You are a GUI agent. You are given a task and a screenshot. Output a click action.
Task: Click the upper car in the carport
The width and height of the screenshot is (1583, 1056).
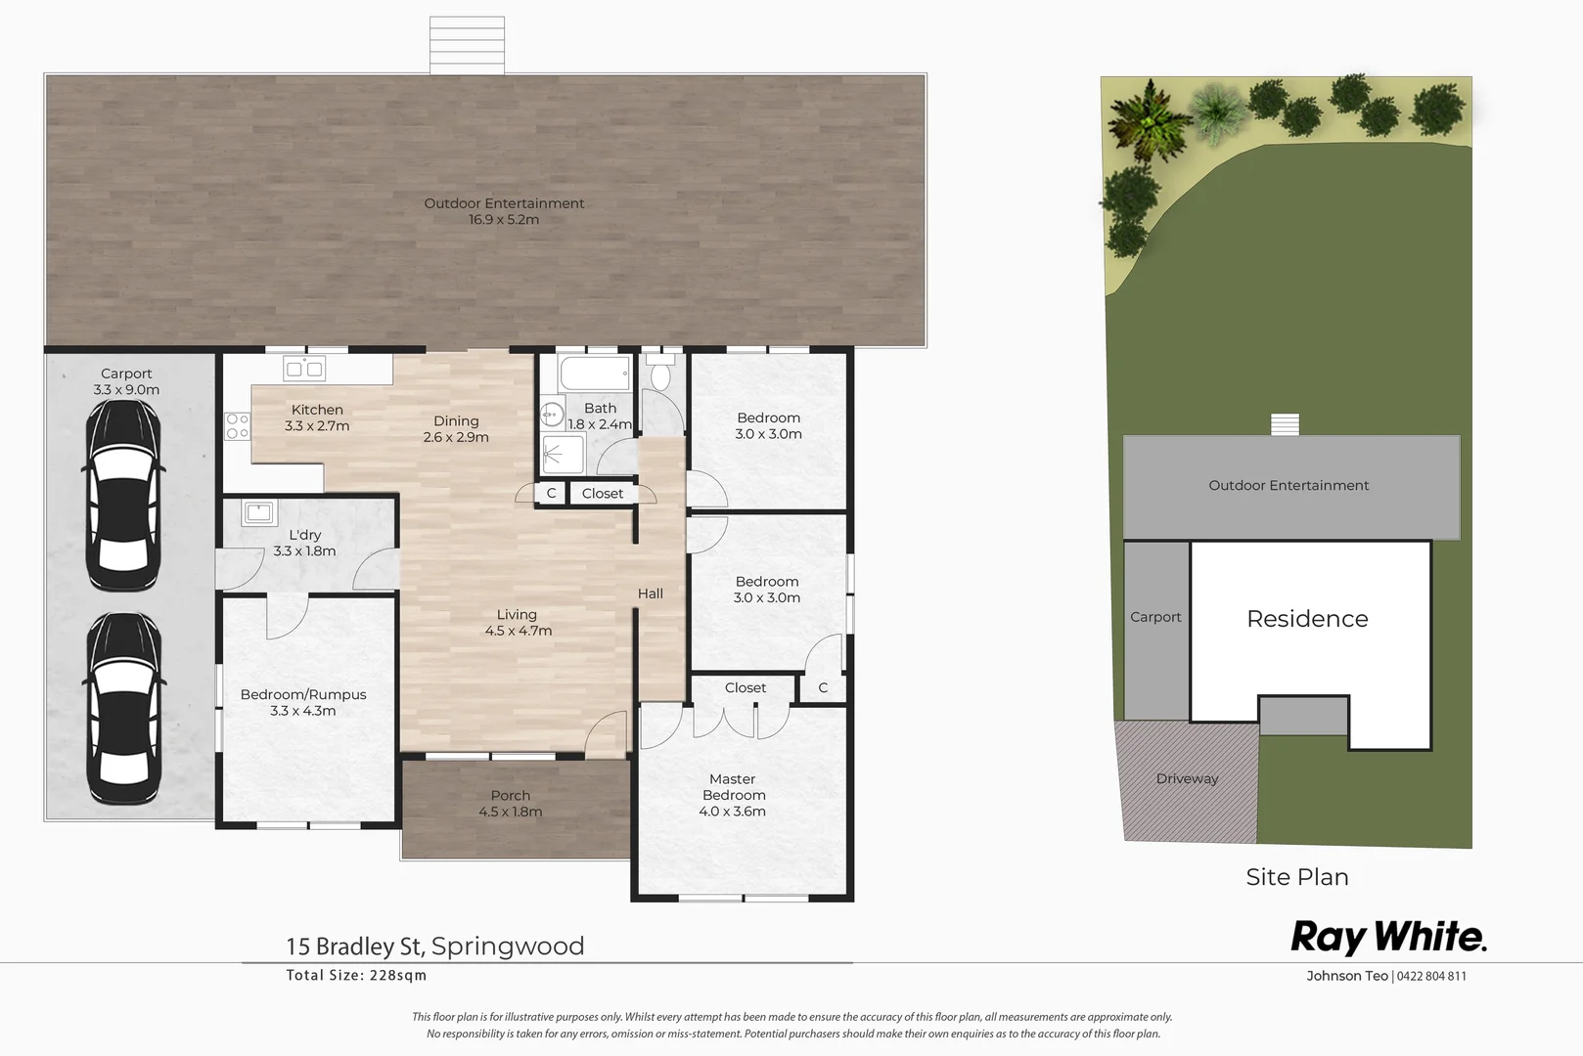(x=122, y=495)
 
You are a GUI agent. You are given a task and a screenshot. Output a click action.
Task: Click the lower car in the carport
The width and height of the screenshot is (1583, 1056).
(x=123, y=709)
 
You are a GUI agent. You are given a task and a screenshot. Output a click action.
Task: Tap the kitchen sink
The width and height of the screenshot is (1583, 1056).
(x=304, y=369)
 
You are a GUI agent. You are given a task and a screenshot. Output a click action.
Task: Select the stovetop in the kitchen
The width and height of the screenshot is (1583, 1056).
(x=237, y=425)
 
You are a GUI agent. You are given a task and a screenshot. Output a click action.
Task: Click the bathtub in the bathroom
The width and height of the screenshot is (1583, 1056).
(x=595, y=374)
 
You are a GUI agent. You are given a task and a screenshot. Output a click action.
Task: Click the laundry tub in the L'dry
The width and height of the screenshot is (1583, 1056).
(x=259, y=511)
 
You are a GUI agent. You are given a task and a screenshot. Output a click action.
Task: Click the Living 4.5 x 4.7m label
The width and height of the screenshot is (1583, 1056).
(x=518, y=623)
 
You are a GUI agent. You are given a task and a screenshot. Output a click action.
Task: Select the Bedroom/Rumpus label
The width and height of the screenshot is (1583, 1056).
(x=303, y=702)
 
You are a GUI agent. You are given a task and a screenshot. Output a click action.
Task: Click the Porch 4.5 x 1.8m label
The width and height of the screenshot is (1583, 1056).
(x=510, y=804)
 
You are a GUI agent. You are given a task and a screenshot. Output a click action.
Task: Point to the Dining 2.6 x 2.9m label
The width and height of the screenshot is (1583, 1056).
(x=456, y=428)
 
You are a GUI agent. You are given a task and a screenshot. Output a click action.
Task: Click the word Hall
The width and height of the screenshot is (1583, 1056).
(x=650, y=594)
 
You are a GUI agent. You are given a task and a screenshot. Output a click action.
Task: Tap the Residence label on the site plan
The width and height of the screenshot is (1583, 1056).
(x=1307, y=619)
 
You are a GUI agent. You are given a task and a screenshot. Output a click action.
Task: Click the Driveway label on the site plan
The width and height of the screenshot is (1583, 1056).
(x=1187, y=779)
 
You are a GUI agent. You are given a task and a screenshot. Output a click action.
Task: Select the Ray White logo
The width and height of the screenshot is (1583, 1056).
(x=1388, y=937)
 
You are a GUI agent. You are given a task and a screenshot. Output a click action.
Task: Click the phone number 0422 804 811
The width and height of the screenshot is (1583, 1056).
(x=1430, y=976)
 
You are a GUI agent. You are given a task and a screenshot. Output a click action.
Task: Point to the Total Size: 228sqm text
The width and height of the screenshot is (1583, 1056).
(x=356, y=975)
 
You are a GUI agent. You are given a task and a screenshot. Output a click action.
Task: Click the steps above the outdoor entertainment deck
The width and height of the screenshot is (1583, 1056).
(x=468, y=45)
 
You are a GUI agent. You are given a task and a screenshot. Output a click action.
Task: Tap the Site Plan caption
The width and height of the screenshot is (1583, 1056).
(x=1297, y=877)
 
